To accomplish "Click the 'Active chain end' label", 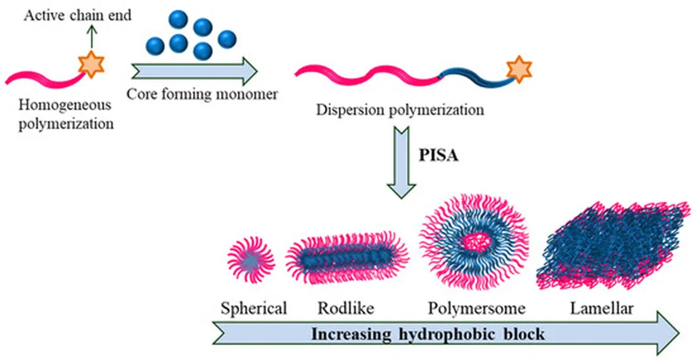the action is tap(78, 16).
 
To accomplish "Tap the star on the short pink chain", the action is tap(91, 65).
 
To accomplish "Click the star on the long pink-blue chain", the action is tap(519, 69).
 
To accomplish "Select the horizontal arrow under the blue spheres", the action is tap(195, 71).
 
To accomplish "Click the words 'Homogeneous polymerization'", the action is tap(66, 114).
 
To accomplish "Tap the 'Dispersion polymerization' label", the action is tap(400, 109).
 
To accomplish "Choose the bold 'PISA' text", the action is tap(438, 156).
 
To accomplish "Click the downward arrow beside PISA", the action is tap(401, 162).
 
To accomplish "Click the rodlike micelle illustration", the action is tap(347, 257).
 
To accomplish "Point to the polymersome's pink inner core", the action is tap(474, 241).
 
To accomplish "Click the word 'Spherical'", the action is tap(254, 308).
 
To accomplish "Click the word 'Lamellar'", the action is tap(602, 308).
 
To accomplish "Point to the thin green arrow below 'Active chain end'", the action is tap(92, 37).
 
